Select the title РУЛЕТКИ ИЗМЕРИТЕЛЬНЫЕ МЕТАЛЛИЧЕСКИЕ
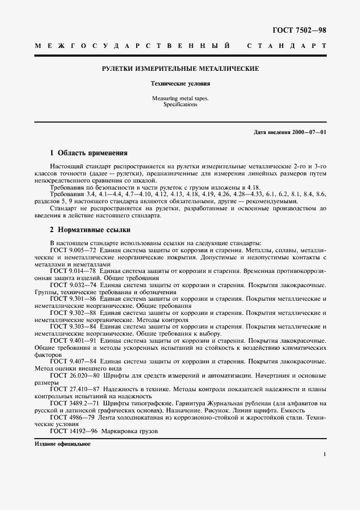(180, 69)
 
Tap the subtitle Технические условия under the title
(180, 84)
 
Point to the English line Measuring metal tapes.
(180, 98)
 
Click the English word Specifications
(180, 104)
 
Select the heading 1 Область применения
(89, 153)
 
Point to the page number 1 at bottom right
(324, 454)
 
